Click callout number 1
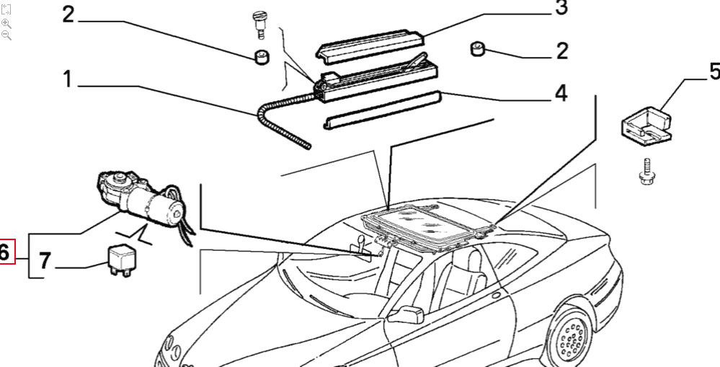tap(67, 79)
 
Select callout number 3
tap(561, 8)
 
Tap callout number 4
tap(560, 94)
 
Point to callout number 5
tap(713, 71)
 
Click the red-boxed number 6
tap(6, 252)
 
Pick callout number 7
tap(45, 261)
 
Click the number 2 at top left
tap(68, 14)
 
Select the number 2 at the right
tap(561, 51)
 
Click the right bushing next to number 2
tap(477, 50)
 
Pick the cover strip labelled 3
tap(371, 42)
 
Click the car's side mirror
tap(407, 314)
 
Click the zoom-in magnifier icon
tap(6, 23)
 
